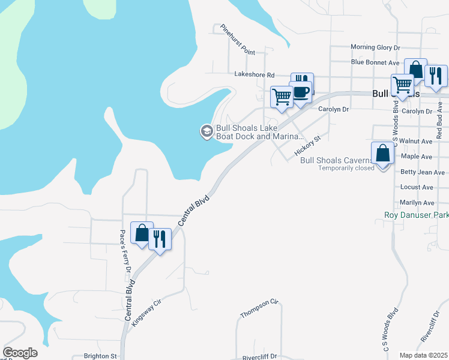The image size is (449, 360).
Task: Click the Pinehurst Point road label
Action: pyautogui.click(x=238, y=40)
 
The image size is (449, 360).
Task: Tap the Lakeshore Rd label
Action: pyautogui.click(x=254, y=75)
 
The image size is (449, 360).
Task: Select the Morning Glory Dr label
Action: pyautogui.click(x=375, y=47)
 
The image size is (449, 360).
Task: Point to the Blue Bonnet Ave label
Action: pyautogui.click(x=375, y=62)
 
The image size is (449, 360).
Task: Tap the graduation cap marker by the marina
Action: pyautogui.click(x=206, y=131)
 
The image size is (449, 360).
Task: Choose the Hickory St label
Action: pyautogui.click(x=309, y=146)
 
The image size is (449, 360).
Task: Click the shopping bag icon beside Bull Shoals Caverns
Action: pyautogui.click(x=383, y=154)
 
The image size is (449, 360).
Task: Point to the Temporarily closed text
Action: pyautogui.click(x=347, y=168)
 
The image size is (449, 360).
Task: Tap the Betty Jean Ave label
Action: pyautogui.click(x=422, y=172)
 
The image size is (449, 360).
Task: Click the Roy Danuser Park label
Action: pyautogui.click(x=416, y=215)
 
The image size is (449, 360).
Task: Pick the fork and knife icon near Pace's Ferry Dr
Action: pyautogui.click(x=159, y=239)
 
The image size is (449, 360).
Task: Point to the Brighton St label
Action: pyautogui.click(x=100, y=356)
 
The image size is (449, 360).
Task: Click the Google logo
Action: pyautogui.click(x=20, y=353)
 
